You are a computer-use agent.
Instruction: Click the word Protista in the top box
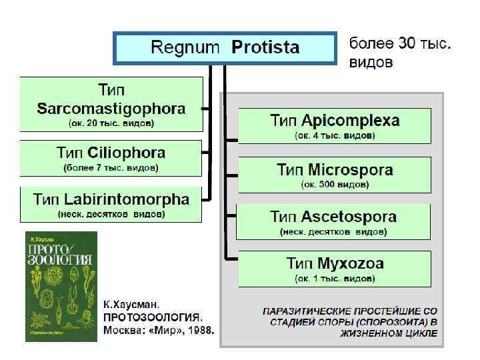[x=265, y=48]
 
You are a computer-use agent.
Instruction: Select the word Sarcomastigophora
[x=111, y=108]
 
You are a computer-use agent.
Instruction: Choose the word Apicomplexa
[x=351, y=121]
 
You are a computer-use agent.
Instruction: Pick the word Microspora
[x=351, y=169]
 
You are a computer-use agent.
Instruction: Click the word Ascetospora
[x=349, y=217]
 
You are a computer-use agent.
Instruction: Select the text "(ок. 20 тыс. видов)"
[x=111, y=123]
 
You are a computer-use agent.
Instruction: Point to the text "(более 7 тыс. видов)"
[x=111, y=168]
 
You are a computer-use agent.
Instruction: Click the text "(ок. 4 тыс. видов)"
[x=335, y=135]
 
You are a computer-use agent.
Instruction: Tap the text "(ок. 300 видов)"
[x=335, y=183]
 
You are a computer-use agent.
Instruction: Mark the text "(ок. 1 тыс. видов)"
[x=335, y=277]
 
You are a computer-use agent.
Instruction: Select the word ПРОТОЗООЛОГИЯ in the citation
[x=153, y=317]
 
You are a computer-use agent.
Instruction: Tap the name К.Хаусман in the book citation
[x=131, y=303]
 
